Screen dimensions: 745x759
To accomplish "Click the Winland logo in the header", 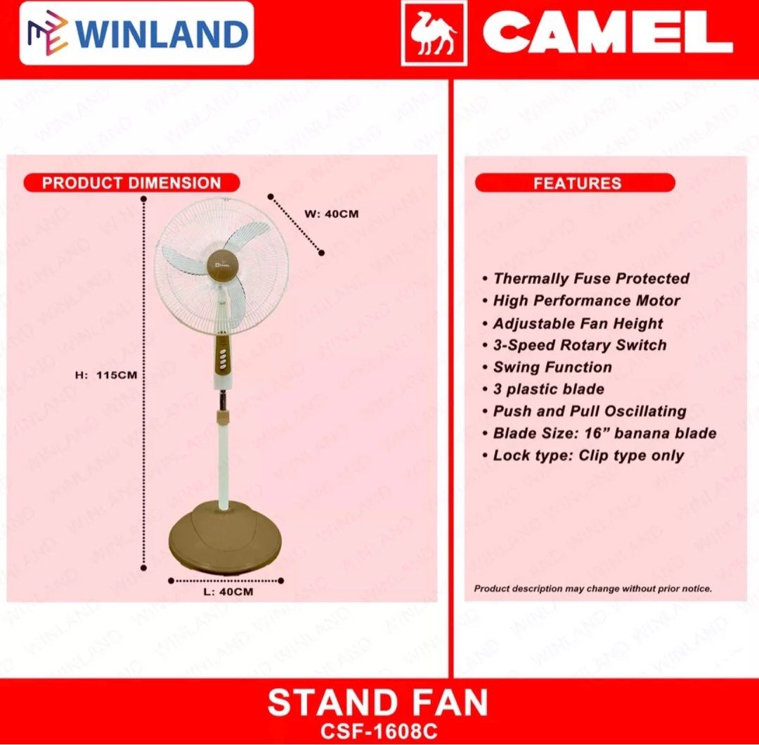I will pyautogui.click(x=136, y=33).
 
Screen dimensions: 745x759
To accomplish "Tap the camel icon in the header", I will pyautogui.click(x=434, y=34).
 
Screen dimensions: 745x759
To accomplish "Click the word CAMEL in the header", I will pyautogui.click(x=608, y=34).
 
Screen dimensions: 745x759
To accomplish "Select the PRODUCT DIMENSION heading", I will pyautogui.click(x=131, y=183).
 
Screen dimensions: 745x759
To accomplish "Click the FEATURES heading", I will pyautogui.click(x=576, y=183).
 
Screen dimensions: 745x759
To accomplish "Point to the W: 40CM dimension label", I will pyautogui.click(x=331, y=214).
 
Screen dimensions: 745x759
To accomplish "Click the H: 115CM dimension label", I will pyautogui.click(x=106, y=375).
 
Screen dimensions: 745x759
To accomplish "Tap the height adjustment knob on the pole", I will pyautogui.click(x=223, y=417).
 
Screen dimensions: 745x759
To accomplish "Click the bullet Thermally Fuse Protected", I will pyautogui.click(x=590, y=278).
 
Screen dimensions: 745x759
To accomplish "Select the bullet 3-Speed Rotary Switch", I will pyautogui.click(x=579, y=345).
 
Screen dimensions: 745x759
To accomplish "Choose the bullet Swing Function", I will pyautogui.click(x=552, y=367).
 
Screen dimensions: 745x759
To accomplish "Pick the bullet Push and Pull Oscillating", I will pyautogui.click(x=589, y=411).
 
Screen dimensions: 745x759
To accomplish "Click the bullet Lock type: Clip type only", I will pyautogui.click(x=588, y=455).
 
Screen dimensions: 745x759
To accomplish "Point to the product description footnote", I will pyautogui.click(x=592, y=588).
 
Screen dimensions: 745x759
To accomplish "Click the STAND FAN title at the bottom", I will pyautogui.click(x=378, y=703).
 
